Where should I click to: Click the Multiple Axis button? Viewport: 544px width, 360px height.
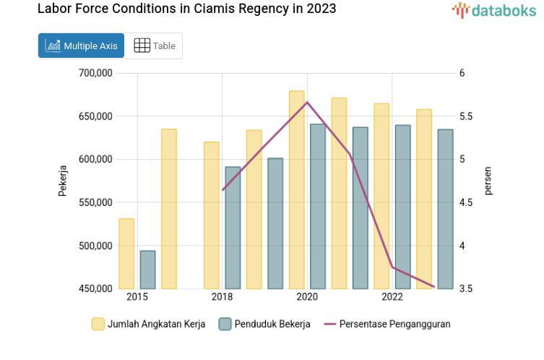(81, 46)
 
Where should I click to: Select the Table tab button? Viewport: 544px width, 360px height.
(155, 46)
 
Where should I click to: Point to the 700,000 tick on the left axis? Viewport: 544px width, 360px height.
(94, 73)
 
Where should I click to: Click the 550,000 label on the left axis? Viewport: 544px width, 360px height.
(94, 202)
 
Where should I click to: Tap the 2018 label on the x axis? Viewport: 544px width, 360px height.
(222, 297)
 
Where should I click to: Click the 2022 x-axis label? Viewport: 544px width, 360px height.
(392, 297)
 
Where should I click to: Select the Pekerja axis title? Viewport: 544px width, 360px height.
(63, 181)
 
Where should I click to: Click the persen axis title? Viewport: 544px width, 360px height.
(488, 181)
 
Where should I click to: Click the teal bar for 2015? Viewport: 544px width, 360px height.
(147, 270)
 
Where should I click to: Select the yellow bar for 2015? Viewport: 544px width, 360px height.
(126, 253)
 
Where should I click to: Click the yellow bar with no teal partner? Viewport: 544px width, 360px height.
(169, 209)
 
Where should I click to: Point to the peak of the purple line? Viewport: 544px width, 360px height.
(307, 102)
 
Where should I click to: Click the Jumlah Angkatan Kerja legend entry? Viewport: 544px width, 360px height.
(148, 324)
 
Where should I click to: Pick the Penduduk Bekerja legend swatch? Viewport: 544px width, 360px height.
(225, 324)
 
